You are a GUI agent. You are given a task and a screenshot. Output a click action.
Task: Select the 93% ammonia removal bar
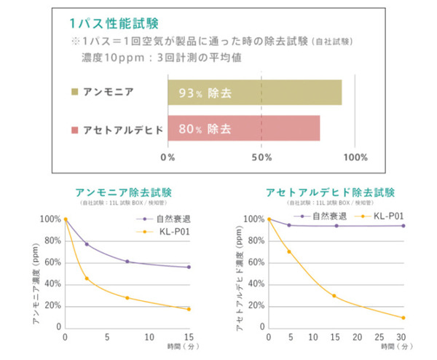(x=254, y=93)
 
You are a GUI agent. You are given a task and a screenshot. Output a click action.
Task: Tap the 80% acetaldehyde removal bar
(x=243, y=129)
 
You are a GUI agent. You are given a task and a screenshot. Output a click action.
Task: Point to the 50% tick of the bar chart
(x=261, y=157)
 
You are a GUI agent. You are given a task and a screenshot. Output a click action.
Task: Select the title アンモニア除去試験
(x=124, y=193)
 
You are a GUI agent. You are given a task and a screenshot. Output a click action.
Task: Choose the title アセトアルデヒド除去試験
(x=331, y=193)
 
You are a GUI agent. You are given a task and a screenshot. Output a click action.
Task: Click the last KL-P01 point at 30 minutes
(x=403, y=318)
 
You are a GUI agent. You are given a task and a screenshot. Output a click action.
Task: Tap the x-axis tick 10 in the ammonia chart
(x=149, y=337)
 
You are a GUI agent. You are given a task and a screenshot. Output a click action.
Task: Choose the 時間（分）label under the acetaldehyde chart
(x=392, y=349)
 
